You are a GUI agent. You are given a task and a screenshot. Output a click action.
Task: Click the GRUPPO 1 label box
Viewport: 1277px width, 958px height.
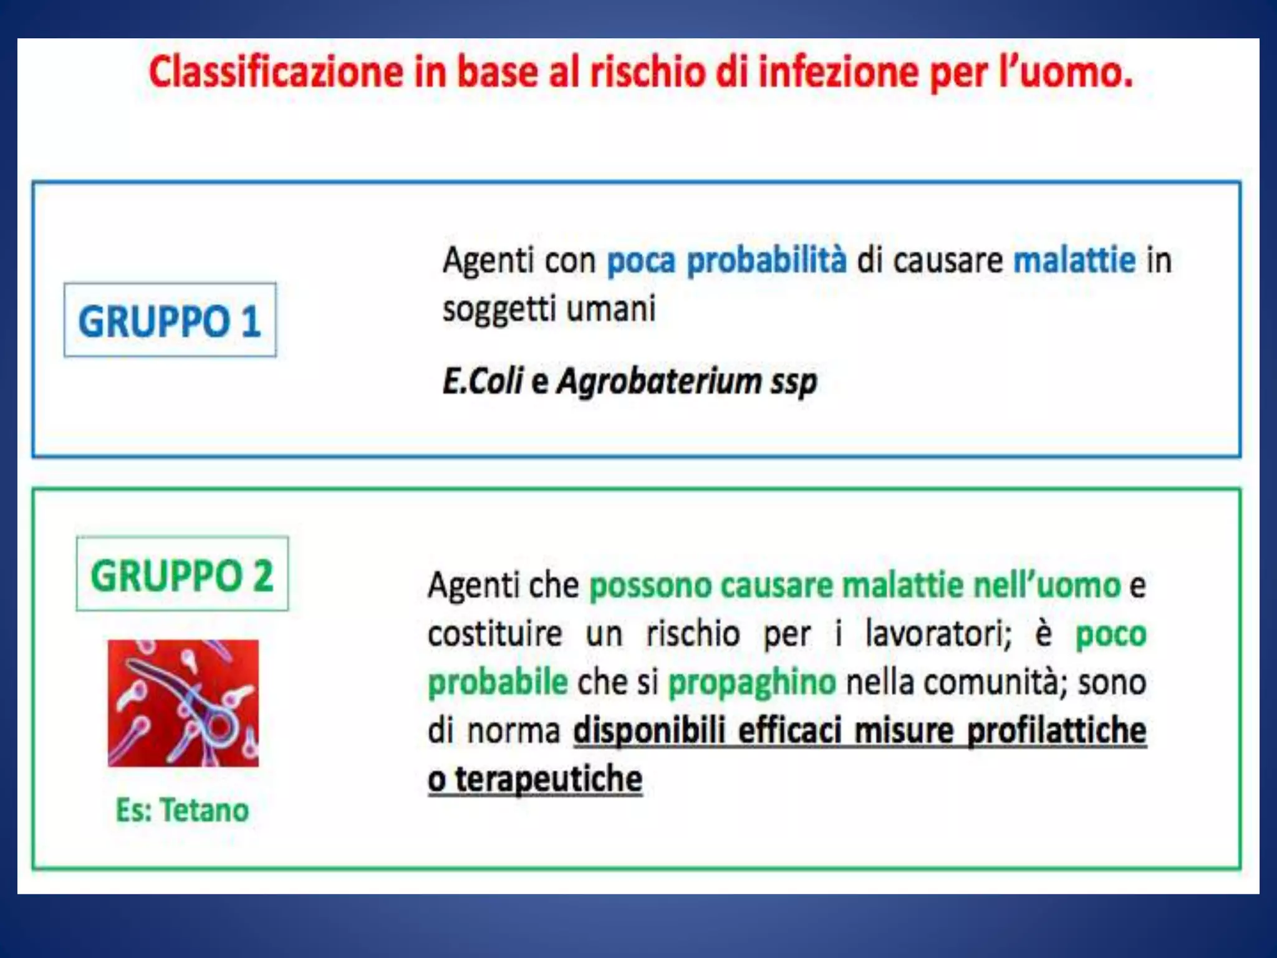coord(170,321)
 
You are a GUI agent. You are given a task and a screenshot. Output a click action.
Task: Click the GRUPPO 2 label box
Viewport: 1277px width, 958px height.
coord(182,574)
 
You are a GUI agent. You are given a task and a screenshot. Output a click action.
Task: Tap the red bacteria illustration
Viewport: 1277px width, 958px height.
coord(183,703)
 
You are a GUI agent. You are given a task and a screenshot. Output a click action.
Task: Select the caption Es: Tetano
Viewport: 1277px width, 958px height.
coord(182,810)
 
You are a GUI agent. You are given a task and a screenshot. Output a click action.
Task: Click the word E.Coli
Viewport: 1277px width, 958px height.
coord(482,380)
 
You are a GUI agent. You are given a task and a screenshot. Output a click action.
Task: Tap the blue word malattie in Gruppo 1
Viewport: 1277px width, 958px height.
coord(1074,260)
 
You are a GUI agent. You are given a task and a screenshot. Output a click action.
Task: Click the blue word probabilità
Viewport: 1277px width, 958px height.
coord(766,260)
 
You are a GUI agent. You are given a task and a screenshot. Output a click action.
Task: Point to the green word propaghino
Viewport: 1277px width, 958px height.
coord(752,682)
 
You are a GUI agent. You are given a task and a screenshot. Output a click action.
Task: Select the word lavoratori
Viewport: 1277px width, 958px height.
coord(938,634)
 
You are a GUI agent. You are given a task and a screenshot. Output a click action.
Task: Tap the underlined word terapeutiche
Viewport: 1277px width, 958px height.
coord(548,779)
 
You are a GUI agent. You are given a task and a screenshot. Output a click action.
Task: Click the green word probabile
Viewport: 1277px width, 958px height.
coord(498,682)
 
